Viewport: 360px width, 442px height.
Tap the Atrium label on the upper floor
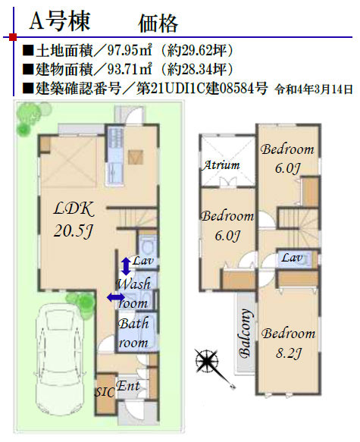pos(221,165)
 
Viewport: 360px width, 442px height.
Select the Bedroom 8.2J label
pos(289,343)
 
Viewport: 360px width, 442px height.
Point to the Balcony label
pos(245,333)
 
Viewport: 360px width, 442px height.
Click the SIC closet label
pos(105,392)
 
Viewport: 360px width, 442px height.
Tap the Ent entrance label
pos(128,386)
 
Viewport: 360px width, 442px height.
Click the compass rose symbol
pos(208,362)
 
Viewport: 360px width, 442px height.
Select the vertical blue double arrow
pos(126,266)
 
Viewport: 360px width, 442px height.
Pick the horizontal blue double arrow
pos(116,297)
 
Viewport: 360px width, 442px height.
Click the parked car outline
pos(61,360)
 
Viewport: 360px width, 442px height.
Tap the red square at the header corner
pos(13,37)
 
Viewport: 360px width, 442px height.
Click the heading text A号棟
pos(60,21)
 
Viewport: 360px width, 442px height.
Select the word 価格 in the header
pos(158,24)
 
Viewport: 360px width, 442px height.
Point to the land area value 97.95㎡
pos(130,51)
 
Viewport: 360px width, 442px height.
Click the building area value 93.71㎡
pos(130,70)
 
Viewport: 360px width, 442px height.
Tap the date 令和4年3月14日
pos(314,89)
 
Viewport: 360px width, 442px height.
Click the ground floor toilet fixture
pos(148,246)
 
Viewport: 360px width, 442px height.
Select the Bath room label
pos(133,333)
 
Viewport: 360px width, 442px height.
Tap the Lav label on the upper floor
pos(293,257)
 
